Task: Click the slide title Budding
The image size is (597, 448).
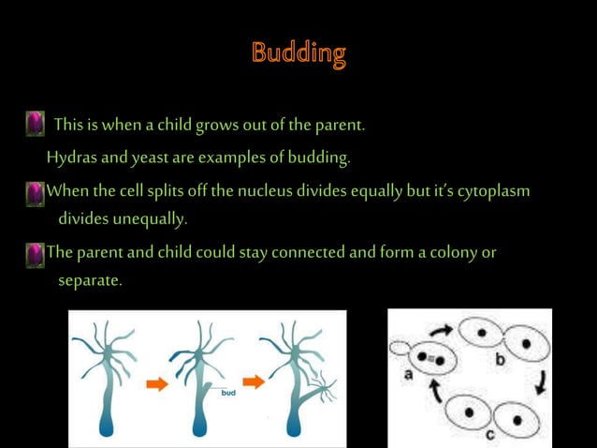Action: click(x=298, y=52)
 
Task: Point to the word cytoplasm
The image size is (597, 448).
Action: click(x=494, y=191)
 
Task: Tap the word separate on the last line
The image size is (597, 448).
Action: click(x=90, y=279)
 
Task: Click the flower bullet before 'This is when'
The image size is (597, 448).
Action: click(x=36, y=123)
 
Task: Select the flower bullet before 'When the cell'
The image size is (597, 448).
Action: click(x=36, y=192)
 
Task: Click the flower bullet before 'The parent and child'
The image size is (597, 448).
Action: click(x=36, y=252)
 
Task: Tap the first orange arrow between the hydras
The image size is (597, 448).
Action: click(x=156, y=382)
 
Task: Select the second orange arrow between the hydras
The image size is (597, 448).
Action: click(x=253, y=382)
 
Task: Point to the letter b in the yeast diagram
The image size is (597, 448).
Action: click(x=501, y=359)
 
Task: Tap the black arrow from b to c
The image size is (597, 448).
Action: click(x=541, y=381)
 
